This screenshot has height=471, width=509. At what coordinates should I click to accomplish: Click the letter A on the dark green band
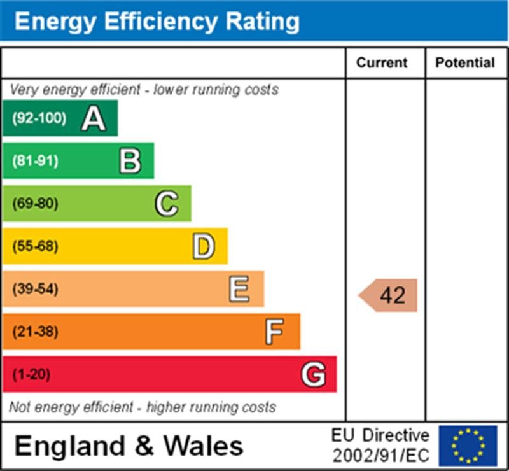[93, 118]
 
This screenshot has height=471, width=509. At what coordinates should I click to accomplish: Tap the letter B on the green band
[130, 161]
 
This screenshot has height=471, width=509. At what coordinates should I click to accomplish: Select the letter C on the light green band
[167, 204]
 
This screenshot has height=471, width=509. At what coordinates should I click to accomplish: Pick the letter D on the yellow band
[204, 246]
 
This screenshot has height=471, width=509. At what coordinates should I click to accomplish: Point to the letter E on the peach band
[239, 290]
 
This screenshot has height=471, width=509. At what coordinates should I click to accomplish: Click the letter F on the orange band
[275, 332]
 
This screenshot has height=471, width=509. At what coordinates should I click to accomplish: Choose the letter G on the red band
[313, 374]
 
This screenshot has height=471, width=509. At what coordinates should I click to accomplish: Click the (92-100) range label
[39, 118]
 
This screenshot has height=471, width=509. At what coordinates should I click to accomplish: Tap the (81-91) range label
[35, 161]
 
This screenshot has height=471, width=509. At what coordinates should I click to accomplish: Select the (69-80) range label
[35, 204]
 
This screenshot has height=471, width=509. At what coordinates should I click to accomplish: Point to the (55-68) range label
[35, 246]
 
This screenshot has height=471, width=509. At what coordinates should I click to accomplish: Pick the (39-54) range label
[35, 290]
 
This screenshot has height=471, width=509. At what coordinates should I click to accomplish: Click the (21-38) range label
[35, 332]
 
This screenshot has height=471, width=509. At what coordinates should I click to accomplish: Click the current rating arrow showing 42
[389, 295]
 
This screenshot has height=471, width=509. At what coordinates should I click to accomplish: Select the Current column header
[382, 62]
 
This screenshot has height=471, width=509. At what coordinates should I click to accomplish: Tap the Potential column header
[465, 62]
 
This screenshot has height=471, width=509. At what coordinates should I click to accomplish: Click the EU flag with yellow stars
[468, 446]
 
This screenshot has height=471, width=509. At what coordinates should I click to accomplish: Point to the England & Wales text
[129, 446]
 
